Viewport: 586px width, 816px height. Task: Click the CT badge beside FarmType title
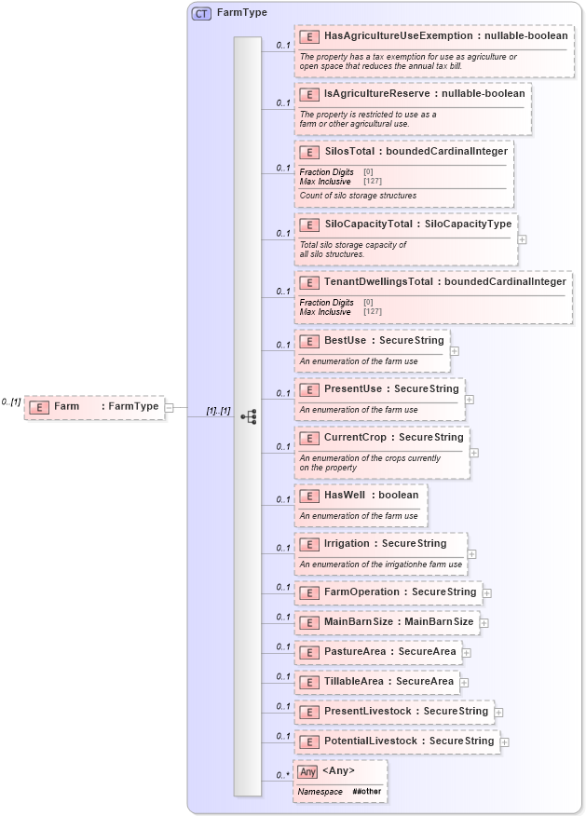coord(201,13)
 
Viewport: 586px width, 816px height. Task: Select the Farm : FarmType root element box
coord(94,407)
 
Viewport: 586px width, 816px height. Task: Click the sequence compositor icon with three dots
coord(249,417)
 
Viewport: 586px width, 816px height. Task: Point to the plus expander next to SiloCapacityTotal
coord(522,239)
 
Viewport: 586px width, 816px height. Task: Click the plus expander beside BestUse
coord(454,351)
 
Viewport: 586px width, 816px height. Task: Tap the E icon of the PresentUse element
coord(309,388)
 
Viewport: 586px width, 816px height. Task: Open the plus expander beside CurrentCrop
coord(474,453)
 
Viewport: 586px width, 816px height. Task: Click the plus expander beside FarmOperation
coord(487,592)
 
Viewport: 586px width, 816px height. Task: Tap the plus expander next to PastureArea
coord(467,653)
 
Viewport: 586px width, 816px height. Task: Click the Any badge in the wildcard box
coord(307,771)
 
